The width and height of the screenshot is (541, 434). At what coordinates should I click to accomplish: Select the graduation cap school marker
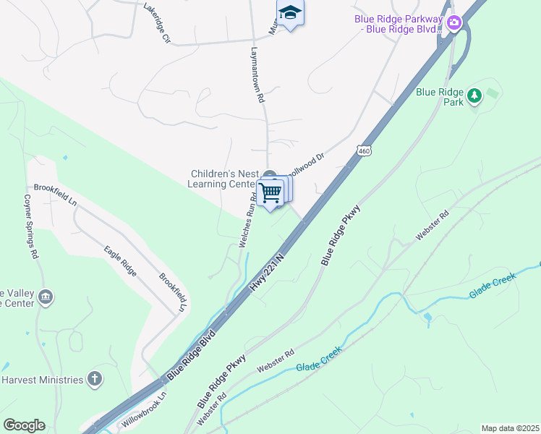[290, 13]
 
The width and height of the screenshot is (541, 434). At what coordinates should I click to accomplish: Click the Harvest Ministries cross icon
[94, 378]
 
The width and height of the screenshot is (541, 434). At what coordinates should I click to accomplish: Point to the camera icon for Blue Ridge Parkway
[454, 23]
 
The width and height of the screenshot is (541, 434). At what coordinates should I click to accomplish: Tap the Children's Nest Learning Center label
[222, 179]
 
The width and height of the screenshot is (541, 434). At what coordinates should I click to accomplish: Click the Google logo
[24, 425]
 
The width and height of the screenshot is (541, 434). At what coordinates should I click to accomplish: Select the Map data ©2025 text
[509, 428]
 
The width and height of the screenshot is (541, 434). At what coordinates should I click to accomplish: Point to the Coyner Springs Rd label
[30, 226]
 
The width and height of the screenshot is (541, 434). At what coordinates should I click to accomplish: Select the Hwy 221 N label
[268, 272]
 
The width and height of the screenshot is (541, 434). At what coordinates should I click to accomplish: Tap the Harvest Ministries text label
[42, 380]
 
